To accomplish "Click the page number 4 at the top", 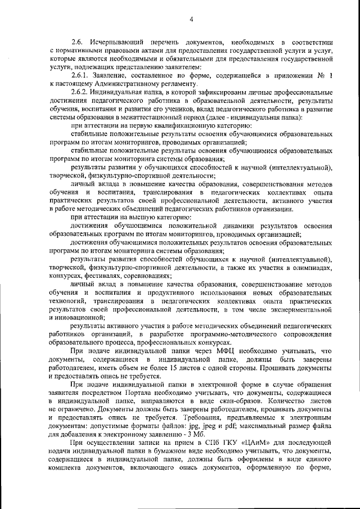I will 191,20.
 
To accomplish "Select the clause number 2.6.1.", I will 80,75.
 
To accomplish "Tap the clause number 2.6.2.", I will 80,91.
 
